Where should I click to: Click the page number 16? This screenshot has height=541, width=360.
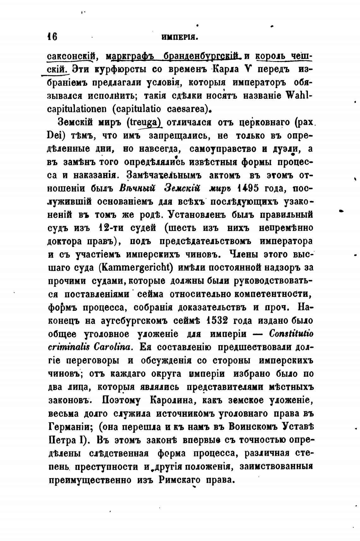(x=52, y=37)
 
